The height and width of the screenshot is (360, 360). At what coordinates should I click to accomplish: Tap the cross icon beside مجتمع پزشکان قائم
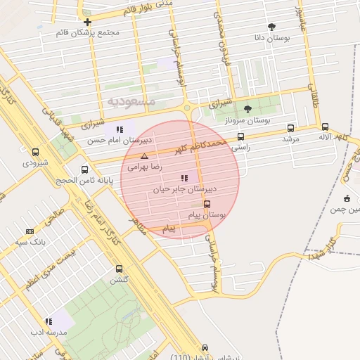coord(87,22)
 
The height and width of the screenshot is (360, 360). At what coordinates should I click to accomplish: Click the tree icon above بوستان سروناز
coord(247,109)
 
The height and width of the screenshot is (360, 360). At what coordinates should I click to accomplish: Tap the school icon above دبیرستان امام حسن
coord(120,129)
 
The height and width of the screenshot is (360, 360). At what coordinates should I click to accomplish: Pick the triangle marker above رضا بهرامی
coord(144,156)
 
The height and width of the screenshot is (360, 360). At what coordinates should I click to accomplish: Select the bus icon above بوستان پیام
coord(206,204)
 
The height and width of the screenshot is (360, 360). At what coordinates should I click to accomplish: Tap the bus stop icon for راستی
coord(241,137)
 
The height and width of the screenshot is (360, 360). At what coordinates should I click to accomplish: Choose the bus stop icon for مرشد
coord(290,128)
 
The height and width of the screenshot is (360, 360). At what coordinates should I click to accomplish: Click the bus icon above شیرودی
coord(36,152)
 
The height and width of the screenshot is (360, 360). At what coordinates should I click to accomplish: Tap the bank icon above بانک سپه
coord(30,231)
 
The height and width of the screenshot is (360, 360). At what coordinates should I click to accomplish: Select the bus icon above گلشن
coord(118,269)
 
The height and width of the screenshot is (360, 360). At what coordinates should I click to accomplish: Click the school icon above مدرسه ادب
coord(49,321)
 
